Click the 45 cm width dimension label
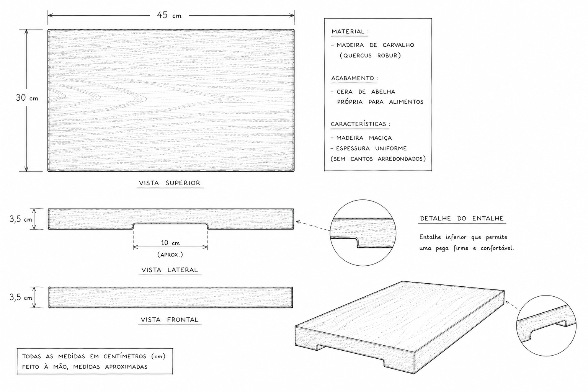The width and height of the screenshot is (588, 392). [x=169, y=15]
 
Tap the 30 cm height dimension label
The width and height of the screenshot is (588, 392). [x=27, y=98]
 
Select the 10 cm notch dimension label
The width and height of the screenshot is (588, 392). [x=170, y=243]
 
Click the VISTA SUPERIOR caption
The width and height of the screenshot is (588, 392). [x=170, y=183]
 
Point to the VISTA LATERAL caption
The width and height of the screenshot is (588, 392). [x=170, y=270]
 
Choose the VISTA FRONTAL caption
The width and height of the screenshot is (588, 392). [x=170, y=320]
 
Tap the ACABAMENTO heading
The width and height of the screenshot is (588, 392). [x=353, y=78]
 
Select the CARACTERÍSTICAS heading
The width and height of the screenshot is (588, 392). [x=358, y=124]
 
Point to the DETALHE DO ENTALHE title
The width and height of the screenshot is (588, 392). [x=462, y=219]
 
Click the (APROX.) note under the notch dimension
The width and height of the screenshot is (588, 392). [x=170, y=255]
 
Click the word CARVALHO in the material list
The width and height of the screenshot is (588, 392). [x=398, y=45]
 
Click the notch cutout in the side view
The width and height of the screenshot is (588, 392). [x=170, y=226]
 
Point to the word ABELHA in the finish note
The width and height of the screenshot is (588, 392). [x=383, y=92]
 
